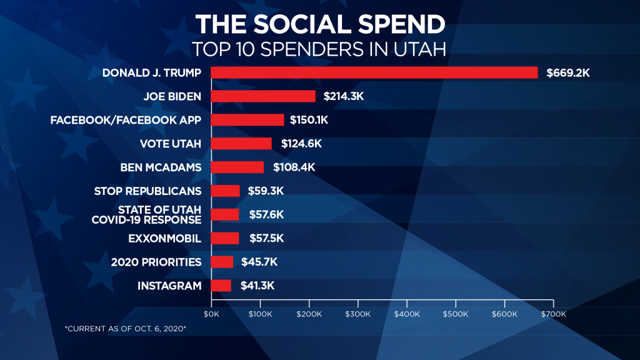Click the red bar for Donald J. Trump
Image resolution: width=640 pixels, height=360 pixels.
click(374, 72)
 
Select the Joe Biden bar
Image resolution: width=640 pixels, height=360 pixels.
click(263, 96)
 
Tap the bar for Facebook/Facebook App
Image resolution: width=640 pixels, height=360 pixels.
click(247, 120)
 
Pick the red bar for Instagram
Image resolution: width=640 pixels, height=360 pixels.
click(221, 286)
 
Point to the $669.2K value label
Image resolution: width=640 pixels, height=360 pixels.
click(568, 73)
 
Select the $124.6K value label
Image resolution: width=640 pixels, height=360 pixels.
click(301, 144)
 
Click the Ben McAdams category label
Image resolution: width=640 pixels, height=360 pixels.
click(161, 167)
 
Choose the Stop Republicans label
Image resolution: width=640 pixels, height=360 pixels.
click(147, 191)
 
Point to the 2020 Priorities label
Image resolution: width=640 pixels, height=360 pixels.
click(156, 262)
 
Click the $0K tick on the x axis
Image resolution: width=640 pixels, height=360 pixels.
click(212, 314)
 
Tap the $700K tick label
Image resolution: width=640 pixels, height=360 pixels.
click(553, 314)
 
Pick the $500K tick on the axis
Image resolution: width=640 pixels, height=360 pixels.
click(456, 314)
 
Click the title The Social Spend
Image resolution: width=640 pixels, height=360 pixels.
click(320, 24)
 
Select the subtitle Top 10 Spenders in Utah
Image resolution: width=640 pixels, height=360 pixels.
click(319, 49)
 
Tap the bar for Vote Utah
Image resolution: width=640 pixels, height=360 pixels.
click(241, 144)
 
